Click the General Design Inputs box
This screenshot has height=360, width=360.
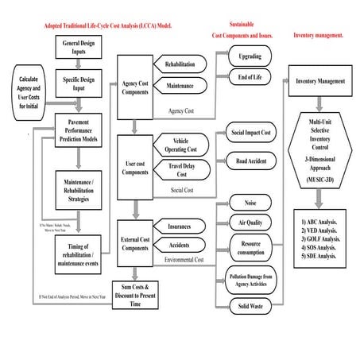coord(79,47)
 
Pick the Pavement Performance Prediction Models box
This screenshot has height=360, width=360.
coord(79,132)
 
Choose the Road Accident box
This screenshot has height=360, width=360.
coord(251,161)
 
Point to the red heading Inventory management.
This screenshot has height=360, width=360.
coord(319,36)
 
